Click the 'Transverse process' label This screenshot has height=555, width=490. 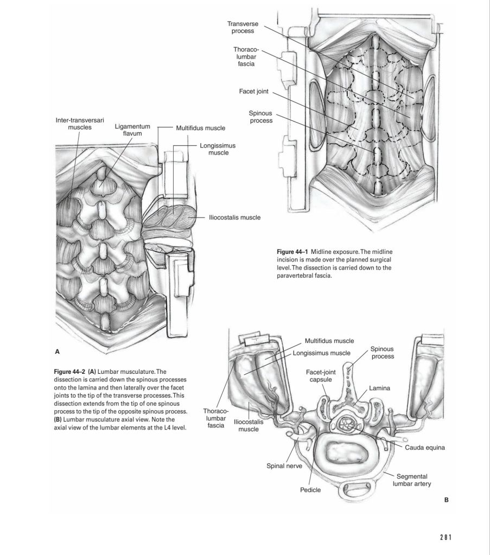coord(243,28)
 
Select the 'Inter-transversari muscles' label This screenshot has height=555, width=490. coord(80,123)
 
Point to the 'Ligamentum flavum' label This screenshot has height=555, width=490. coord(132,130)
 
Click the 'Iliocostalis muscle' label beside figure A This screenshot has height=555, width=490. coord(234,218)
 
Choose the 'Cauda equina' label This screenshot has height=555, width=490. coord(424,448)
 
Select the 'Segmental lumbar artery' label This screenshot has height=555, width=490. coord(415,480)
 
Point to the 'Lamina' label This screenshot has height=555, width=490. coord(380,388)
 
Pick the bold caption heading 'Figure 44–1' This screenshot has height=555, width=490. coord(292,253)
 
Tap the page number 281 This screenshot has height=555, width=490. coord(447,537)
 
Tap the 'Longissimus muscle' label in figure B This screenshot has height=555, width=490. coord(322,353)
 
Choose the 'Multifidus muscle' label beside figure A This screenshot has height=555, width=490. coord(200,128)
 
